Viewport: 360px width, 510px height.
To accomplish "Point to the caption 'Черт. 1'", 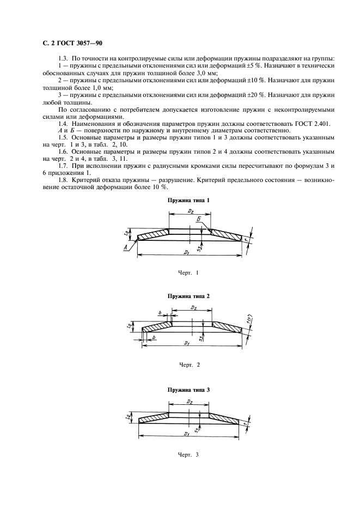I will [x=189, y=272].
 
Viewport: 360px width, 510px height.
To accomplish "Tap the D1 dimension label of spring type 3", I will [x=186, y=434].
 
